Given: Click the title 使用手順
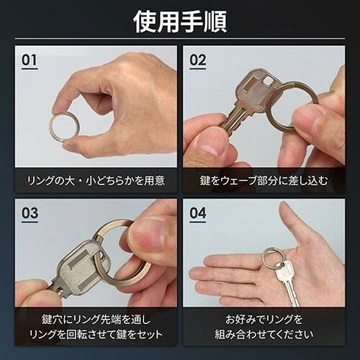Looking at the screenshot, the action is point(180,22).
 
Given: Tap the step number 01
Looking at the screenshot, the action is point(30,60).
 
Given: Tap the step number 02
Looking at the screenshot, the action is point(198,60).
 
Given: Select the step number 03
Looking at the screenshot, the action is point(30,213).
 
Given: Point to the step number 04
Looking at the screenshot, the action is point(198,213).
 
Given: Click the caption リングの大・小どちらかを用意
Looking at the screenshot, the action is point(96,181).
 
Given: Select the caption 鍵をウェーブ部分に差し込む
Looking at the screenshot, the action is point(264,181).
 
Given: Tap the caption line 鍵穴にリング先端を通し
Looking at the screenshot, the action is point(96,320).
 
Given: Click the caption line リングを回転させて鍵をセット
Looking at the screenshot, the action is point(96,335).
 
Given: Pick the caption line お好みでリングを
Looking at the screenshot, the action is point(264,320).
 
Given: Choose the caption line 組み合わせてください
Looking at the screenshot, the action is point(264,335).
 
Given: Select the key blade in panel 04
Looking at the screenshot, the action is point(292,293).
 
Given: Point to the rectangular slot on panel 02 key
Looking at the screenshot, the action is point(250,84).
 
